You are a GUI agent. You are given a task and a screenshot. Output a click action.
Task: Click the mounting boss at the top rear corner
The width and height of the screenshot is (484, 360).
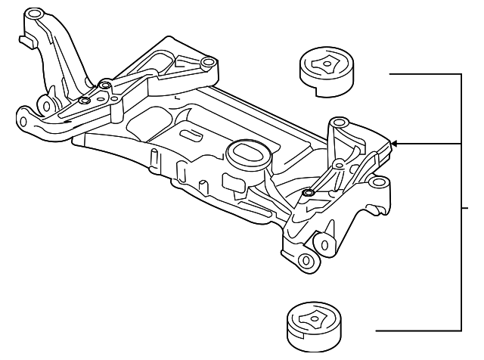pos(206,63)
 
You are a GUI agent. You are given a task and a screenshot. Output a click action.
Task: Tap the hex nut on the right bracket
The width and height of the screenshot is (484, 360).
pos(306,194)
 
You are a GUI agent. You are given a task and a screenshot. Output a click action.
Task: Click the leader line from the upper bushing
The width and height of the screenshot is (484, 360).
pos(423,74)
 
